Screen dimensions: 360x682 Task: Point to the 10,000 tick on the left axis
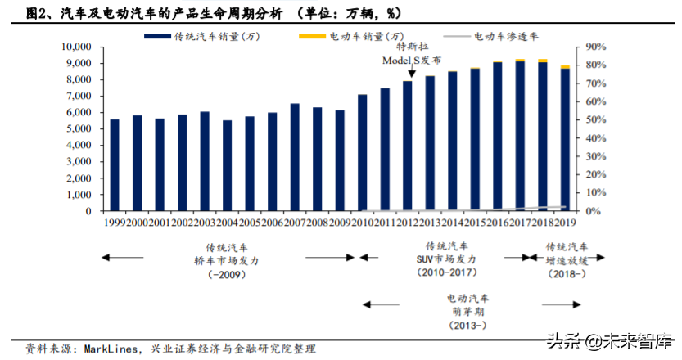click(x=78, y=47)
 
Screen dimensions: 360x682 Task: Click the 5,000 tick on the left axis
click(x=80, y=129)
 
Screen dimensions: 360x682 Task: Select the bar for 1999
click(x=115, y=164)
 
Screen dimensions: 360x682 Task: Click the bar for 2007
click(x=294, y=157)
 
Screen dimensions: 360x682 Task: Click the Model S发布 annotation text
click(x=413, y=61)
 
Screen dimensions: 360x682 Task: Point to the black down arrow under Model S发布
click(x=410, y=73)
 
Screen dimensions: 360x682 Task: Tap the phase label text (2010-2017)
click(x=446, y=272)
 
